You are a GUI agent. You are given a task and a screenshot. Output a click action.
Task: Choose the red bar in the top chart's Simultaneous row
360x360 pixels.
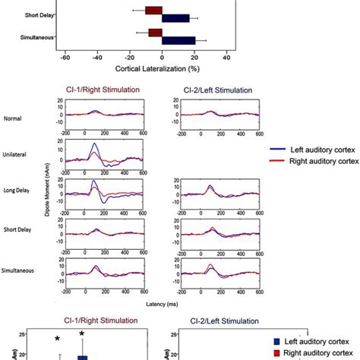[156, 33]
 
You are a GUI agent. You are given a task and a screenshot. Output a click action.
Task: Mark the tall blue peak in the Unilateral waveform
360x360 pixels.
[93, 144]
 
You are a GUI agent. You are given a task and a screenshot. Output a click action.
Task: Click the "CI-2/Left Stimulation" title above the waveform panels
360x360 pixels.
[215, 90]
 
